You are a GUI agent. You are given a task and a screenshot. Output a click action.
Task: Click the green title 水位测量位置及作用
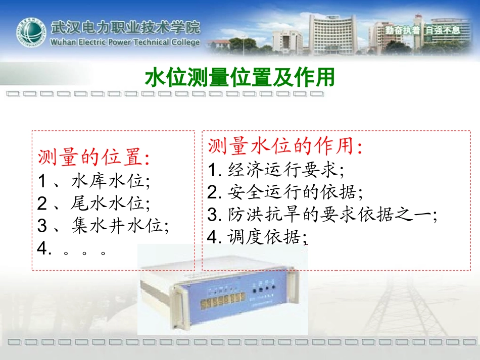(239, 78)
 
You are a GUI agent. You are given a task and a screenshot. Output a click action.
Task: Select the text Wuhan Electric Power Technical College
(125, 42)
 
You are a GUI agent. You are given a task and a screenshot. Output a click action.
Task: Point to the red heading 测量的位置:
(93, 158)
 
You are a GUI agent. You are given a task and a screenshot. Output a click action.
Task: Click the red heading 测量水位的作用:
(285, 146)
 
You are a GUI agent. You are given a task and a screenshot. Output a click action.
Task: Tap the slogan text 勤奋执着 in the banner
(402, 29)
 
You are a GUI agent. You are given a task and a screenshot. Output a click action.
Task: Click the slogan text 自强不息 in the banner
(443, 29)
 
